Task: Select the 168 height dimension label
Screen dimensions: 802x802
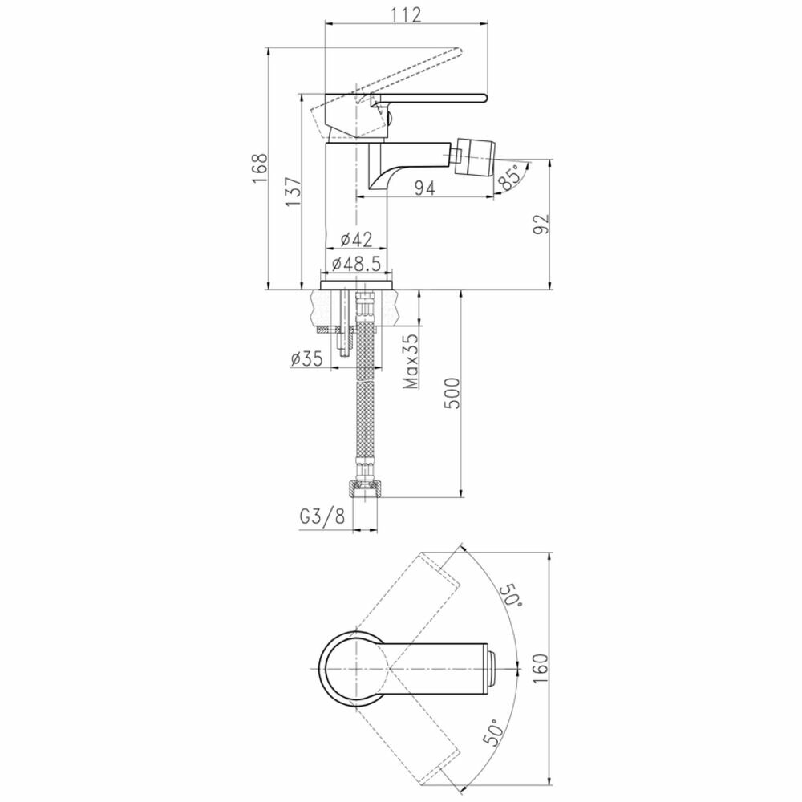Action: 260,168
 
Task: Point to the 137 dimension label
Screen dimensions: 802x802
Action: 293,192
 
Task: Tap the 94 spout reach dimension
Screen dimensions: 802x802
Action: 424,188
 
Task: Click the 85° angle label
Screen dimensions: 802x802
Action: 510,177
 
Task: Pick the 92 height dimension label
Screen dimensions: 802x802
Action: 541,224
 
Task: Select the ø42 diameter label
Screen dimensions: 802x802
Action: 356,239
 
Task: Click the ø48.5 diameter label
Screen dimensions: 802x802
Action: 357,264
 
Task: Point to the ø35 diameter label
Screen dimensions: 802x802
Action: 307,358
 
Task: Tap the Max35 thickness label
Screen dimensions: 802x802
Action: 411,361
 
